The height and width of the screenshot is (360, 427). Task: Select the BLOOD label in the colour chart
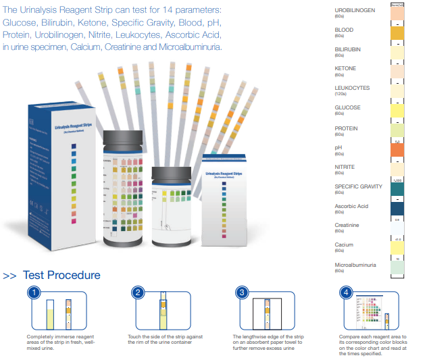coord(344,30)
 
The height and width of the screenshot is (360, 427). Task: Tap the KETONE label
coord(345,68)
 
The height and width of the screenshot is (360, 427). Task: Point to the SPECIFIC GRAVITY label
coord(358,186)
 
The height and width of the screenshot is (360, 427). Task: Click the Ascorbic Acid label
coord(351,206)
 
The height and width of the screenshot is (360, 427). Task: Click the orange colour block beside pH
coord(397,149)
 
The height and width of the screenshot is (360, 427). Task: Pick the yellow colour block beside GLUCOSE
coord(397,110)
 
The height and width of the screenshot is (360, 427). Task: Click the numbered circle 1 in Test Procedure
coord(31,292)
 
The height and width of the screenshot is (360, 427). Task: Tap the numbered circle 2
coord(137,292)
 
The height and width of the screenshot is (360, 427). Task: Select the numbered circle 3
coord(242,292)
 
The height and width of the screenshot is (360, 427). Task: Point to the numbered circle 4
coord(346,292)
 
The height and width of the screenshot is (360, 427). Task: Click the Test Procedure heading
coord(61,275)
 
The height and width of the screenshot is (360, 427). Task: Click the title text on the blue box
coord(72,126)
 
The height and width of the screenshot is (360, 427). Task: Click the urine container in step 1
coord(50,317)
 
